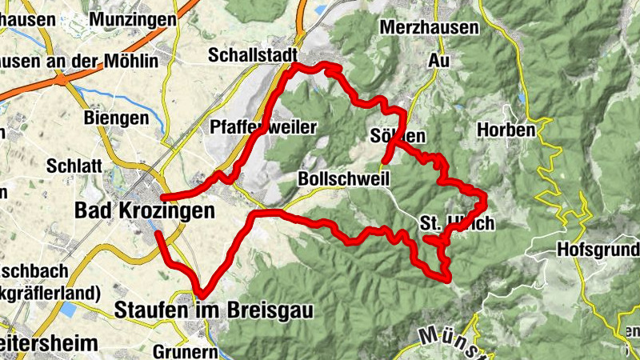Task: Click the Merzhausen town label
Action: (430, 27)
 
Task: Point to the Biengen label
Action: (116, 118)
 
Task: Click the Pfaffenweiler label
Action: (264, 127)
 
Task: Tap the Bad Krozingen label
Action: (145, 210)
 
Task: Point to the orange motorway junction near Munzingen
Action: (60, 78)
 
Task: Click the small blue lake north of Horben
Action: (522, 98)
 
